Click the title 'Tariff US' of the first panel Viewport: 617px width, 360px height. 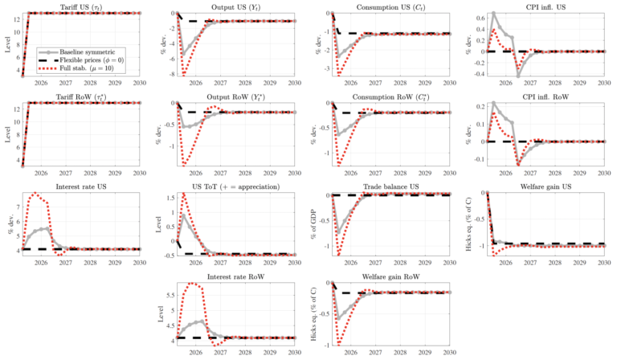coord(80,6)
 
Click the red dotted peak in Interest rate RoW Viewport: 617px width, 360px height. coord(194,283)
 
